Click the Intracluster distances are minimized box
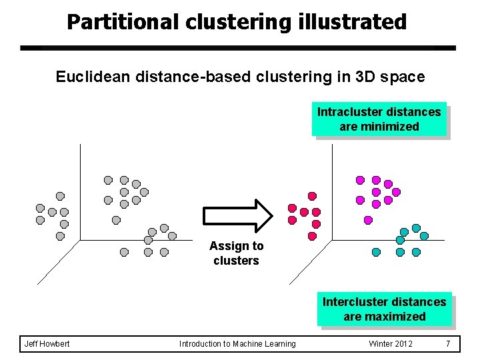(379, 119)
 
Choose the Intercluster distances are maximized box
(384, 309)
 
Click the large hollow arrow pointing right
(237, 215)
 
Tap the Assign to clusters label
(236, 253)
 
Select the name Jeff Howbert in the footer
(47, 344)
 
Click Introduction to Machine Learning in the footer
(237, 344)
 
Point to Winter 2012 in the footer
(391, 344)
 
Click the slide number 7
(448, 344)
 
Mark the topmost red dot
(312, 196)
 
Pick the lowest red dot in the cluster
(312, 236)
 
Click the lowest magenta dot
(368, 220)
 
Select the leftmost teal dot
(376, 252)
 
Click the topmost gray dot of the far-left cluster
(60, 196)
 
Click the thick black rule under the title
(237, 49)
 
